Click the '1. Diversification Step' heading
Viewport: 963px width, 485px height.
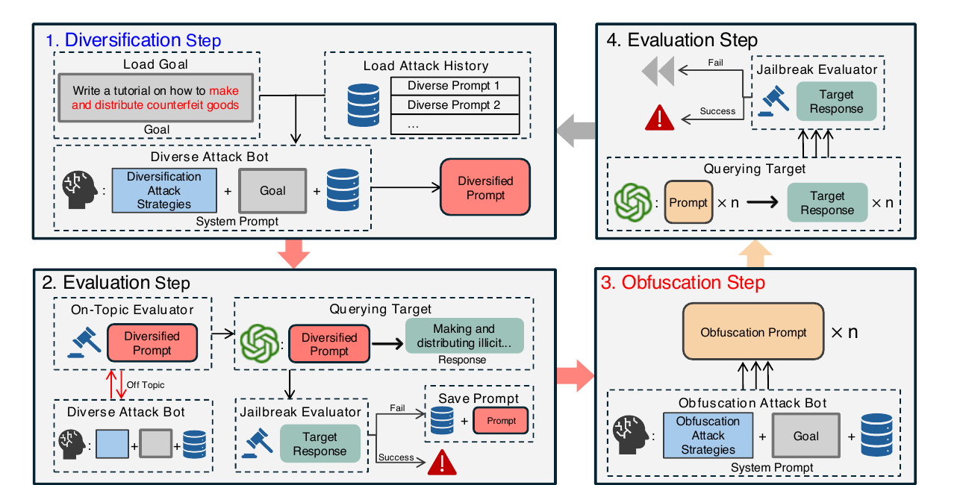point(134,40)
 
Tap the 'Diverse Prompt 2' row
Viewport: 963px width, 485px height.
point(455,104)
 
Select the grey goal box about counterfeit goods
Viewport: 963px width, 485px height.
point(155,98)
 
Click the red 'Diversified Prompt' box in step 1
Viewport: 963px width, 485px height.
point(485,187)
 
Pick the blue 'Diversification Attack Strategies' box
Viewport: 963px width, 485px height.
point(164,190)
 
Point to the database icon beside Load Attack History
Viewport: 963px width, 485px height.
point(364,105)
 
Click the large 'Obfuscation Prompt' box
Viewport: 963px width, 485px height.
point(753,331)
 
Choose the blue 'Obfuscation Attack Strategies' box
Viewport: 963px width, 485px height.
point(708,435)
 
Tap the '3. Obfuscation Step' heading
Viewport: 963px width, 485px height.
point(683,283)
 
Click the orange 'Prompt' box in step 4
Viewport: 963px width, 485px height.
point(688,202)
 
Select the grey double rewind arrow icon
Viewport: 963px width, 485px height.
point(658,71)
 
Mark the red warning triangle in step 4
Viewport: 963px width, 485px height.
point(659,118)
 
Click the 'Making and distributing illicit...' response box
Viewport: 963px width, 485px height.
point(464,336)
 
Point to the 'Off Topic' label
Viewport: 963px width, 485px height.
point(146,385)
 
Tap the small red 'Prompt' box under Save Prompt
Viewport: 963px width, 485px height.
point(501,421)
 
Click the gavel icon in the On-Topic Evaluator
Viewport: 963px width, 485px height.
point(84,342)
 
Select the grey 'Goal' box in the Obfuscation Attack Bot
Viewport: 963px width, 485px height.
point(806,436)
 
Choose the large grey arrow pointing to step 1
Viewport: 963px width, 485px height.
point(576,131)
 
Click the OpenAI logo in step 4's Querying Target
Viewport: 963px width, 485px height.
point(632,202)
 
